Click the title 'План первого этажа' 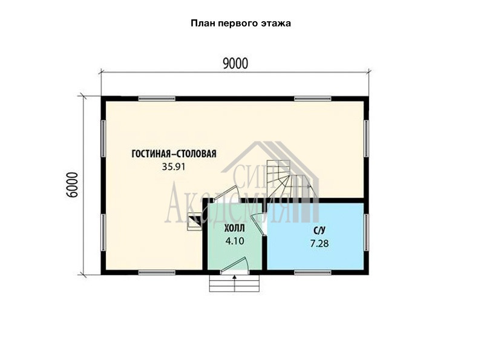pos(241,24)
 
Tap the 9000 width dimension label pos(235,64)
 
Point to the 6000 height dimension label pos(72,185)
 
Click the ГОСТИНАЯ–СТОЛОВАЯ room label pos(174,154)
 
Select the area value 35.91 pos(174,167)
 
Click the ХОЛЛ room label pos(235,229)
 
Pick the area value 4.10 pos(235,241)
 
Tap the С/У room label pos(319,231)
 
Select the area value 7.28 pos(319,244)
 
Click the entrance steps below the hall pos(234,283)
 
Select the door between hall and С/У pos(258,224)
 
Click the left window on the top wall pos(157,99)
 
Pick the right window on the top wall pos(313,99)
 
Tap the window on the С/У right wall pos(366,232)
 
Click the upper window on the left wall pos(103,139)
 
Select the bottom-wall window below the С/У pos(313,273)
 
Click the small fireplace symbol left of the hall pos(194,221)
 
